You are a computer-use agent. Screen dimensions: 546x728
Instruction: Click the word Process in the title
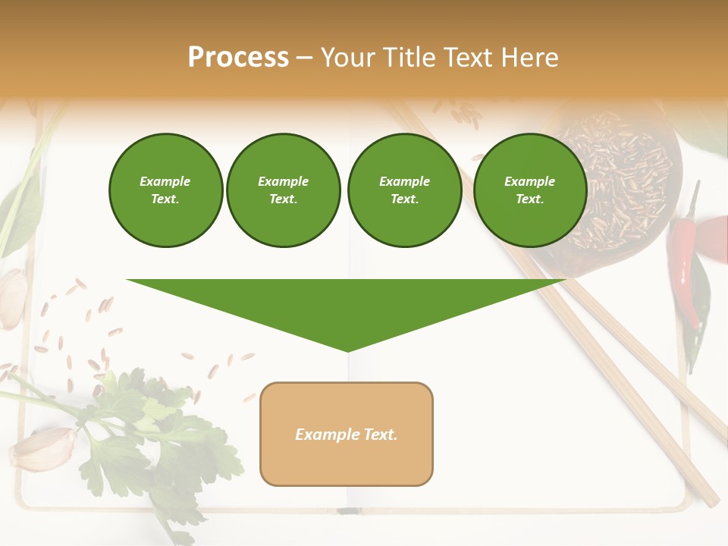pyautogui.click(x=238, y=58)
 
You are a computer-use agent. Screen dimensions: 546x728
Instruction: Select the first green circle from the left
pyautogui.click(x=165, y=190)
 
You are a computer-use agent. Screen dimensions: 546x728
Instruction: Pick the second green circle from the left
pyautogui.click(x=283, y=190)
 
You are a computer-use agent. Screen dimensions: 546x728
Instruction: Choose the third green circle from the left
pyautogui.click(x=404, y=190)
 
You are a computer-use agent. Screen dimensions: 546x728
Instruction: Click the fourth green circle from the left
pyautogui.click(x=529, y=190)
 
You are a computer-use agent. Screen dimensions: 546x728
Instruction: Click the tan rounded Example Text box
pyautogui.click(x=347, y=434)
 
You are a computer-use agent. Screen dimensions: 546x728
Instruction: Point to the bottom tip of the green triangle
pyautogui.click(x=347, y=350)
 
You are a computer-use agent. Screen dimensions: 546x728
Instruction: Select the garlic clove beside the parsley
pyautogui.click(x=42, y=449)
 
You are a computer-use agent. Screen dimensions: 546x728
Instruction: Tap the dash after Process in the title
pyautogui.click(x=304, y=58)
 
